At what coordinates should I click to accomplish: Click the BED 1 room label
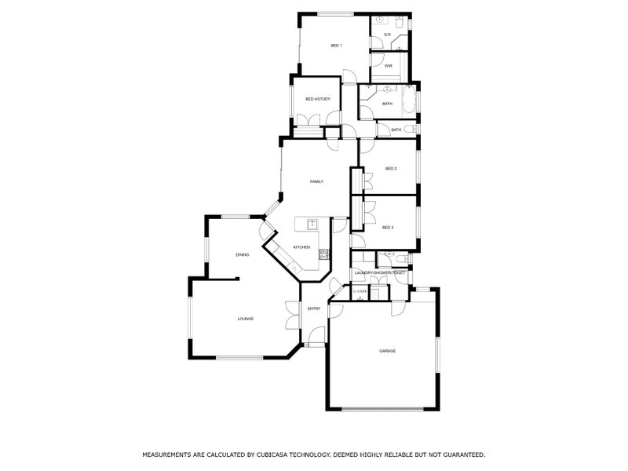tap(335, 46)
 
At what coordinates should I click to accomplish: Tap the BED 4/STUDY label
tap(317, 99)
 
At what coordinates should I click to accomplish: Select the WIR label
tap(388, 66)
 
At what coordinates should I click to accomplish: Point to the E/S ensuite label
tap(387, 35)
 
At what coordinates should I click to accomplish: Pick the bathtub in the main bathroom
tap(408, 100)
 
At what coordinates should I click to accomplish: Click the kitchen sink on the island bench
tap(312, 224)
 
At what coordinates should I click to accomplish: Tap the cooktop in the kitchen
tap(323, 254)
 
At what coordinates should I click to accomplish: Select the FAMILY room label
tap(316, 181)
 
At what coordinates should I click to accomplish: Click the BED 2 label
tap(390, 169)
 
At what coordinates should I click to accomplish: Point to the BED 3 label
tap(387, 227)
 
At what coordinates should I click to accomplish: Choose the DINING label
tap(242, 254)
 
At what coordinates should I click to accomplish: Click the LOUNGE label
tap(245, 318)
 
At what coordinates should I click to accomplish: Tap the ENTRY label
tap(313, 309)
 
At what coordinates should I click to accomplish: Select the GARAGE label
tap(387, 351)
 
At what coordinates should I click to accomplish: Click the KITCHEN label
tap(301, 247)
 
